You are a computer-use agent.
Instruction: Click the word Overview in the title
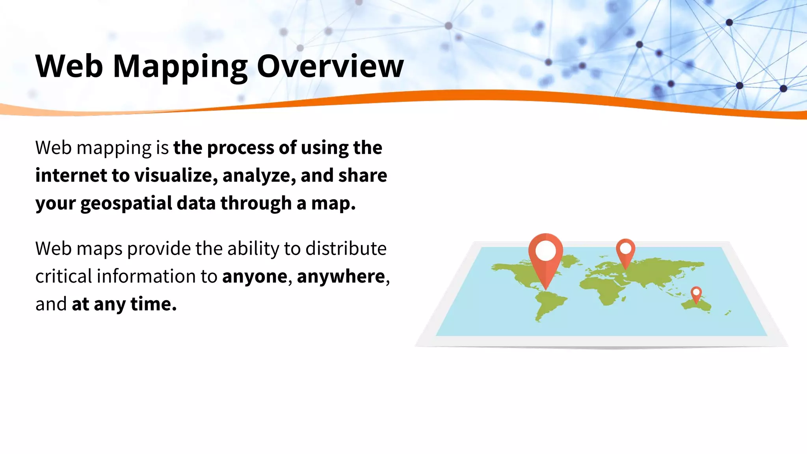coord(330,66)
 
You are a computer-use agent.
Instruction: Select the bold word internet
coord(71,175)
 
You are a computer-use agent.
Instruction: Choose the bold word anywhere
coord(340,276)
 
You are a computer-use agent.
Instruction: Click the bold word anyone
coord(255,276)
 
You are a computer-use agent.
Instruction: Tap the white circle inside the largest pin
coord(546,251)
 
